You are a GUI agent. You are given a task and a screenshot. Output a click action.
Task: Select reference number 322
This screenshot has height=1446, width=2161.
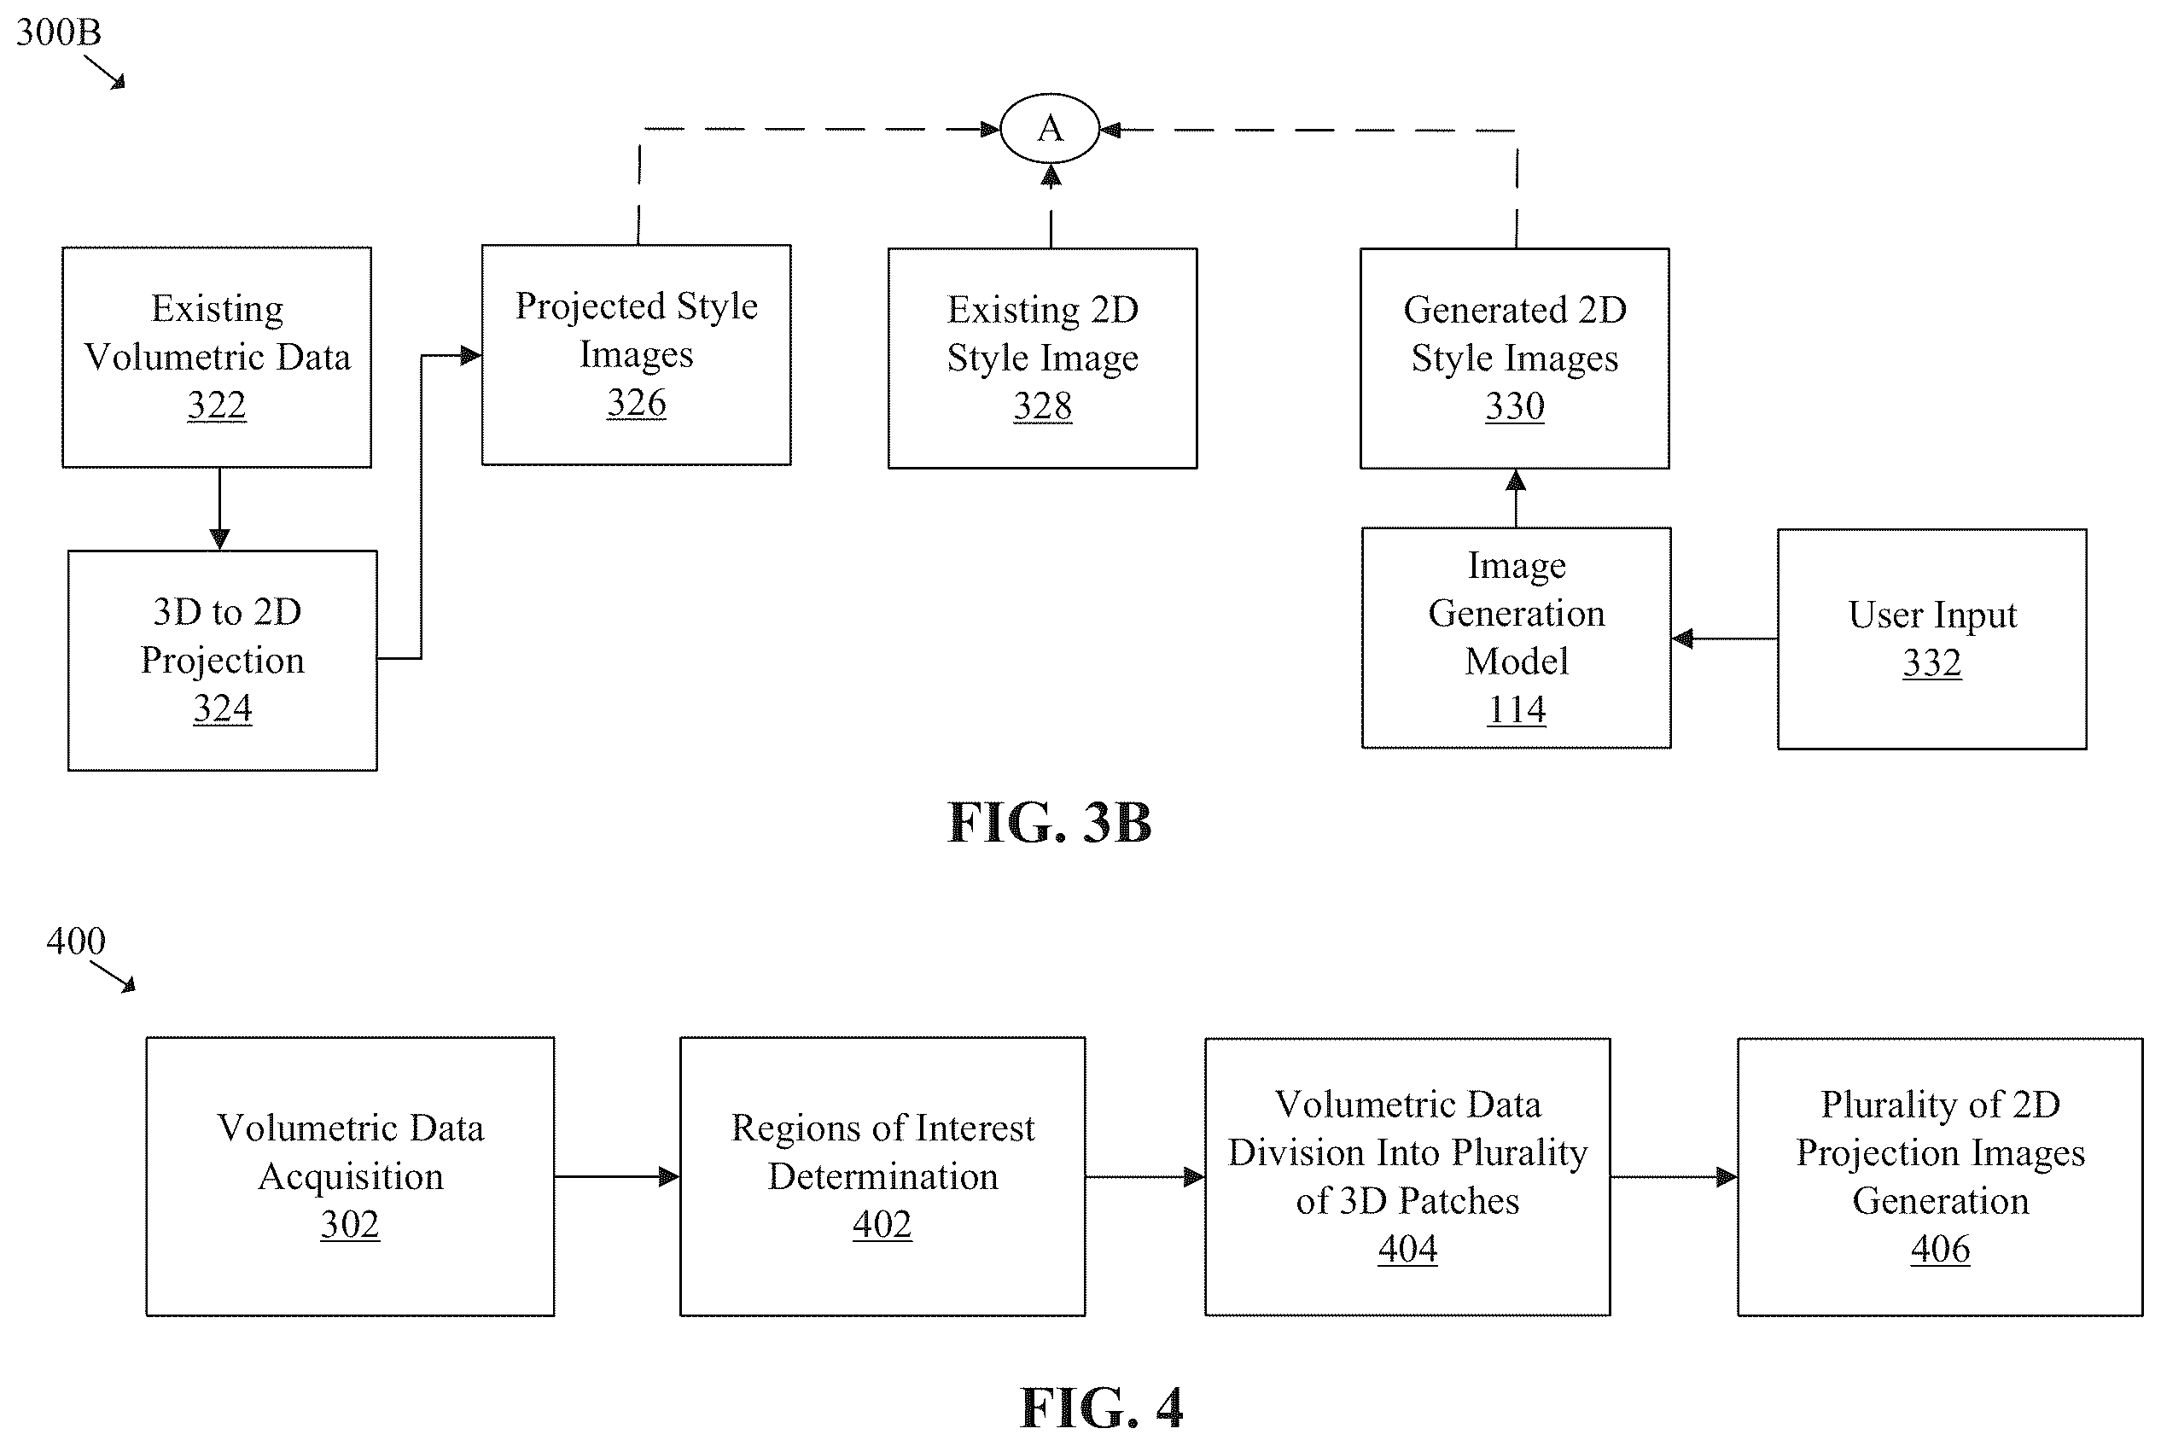point(217,405)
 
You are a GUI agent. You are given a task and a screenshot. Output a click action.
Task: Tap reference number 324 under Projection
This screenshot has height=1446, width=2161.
point(222,708)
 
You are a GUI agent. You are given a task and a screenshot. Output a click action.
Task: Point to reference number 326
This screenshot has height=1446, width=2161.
point(636,402)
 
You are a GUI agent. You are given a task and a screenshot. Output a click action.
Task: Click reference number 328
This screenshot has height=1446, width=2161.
point(1043,405)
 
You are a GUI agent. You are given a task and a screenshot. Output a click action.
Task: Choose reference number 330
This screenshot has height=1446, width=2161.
point(1515,405)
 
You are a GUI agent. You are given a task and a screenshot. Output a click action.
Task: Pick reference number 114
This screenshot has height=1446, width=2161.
point(1517,709)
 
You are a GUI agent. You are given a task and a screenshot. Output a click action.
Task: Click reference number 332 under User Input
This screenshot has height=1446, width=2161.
point(1932,662)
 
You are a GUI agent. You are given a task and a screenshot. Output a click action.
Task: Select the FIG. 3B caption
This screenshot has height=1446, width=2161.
point(1050,822)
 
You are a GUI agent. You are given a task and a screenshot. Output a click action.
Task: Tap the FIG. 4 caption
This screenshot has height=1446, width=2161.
point(1102,1408)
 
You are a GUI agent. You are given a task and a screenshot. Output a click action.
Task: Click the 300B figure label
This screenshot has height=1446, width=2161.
point(58,32)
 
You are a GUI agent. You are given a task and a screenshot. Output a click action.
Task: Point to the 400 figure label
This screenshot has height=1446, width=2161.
point(76,941)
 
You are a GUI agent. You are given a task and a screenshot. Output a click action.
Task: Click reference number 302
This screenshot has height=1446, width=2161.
point(349,1224)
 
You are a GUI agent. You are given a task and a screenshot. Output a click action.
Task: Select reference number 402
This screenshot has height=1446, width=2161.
point(882,1224)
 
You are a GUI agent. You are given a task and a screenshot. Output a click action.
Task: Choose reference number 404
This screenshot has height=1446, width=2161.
point(1407,1248)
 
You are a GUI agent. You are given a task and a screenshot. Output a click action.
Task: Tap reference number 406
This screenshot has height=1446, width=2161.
point(1941,1248)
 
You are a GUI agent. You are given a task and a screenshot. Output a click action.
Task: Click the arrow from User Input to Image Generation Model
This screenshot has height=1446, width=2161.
point(1725,638)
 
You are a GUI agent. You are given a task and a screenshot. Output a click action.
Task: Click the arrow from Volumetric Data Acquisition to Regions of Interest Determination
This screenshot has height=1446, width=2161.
point(617,1177)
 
